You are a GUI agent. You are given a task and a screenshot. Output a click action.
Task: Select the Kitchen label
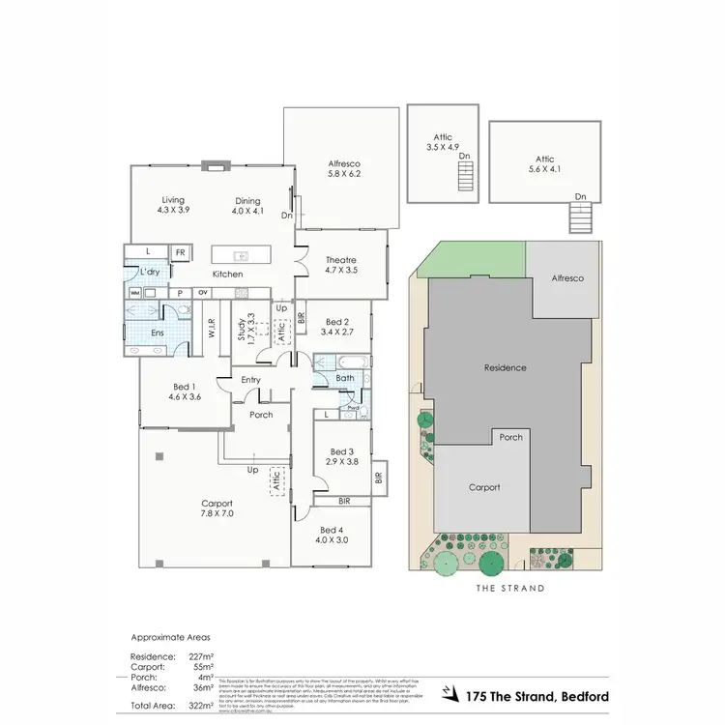228,275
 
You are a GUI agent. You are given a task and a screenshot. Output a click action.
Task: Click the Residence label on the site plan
505,367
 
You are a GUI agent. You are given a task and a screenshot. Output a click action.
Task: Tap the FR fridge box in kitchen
180,253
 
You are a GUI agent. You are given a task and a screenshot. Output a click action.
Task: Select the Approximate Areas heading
170,638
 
